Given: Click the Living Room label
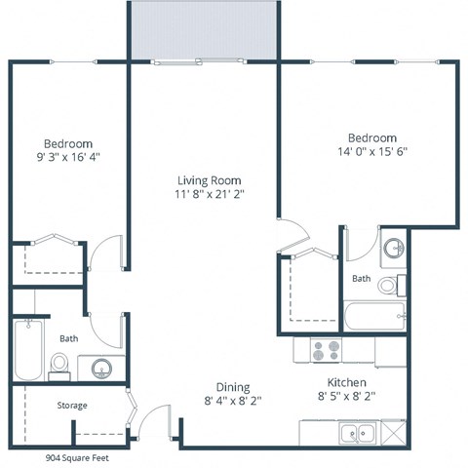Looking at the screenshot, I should click(x=209, y=180).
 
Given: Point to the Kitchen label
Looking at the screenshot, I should click(x=347, y=383).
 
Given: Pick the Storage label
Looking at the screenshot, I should click(x=71, y=405).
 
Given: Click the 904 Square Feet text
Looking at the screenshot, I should click(x=79, y=456).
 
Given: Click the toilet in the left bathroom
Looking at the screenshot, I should click(x=59, y=364).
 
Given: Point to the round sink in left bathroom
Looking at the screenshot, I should click(x=100, y=369).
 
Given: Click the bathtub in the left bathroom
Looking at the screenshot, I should click(x=29, y=350).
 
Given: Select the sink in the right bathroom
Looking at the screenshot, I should click(x=393, y=248).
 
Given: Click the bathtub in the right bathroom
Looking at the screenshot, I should click(x=375, y=317).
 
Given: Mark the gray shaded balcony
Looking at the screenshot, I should click(x=204, y=30).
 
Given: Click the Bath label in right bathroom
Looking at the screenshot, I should click(x=361, y=278).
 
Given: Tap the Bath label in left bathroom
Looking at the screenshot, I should click(x=68, y=338).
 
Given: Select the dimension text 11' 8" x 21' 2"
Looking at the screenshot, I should click(x=209, y=194).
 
